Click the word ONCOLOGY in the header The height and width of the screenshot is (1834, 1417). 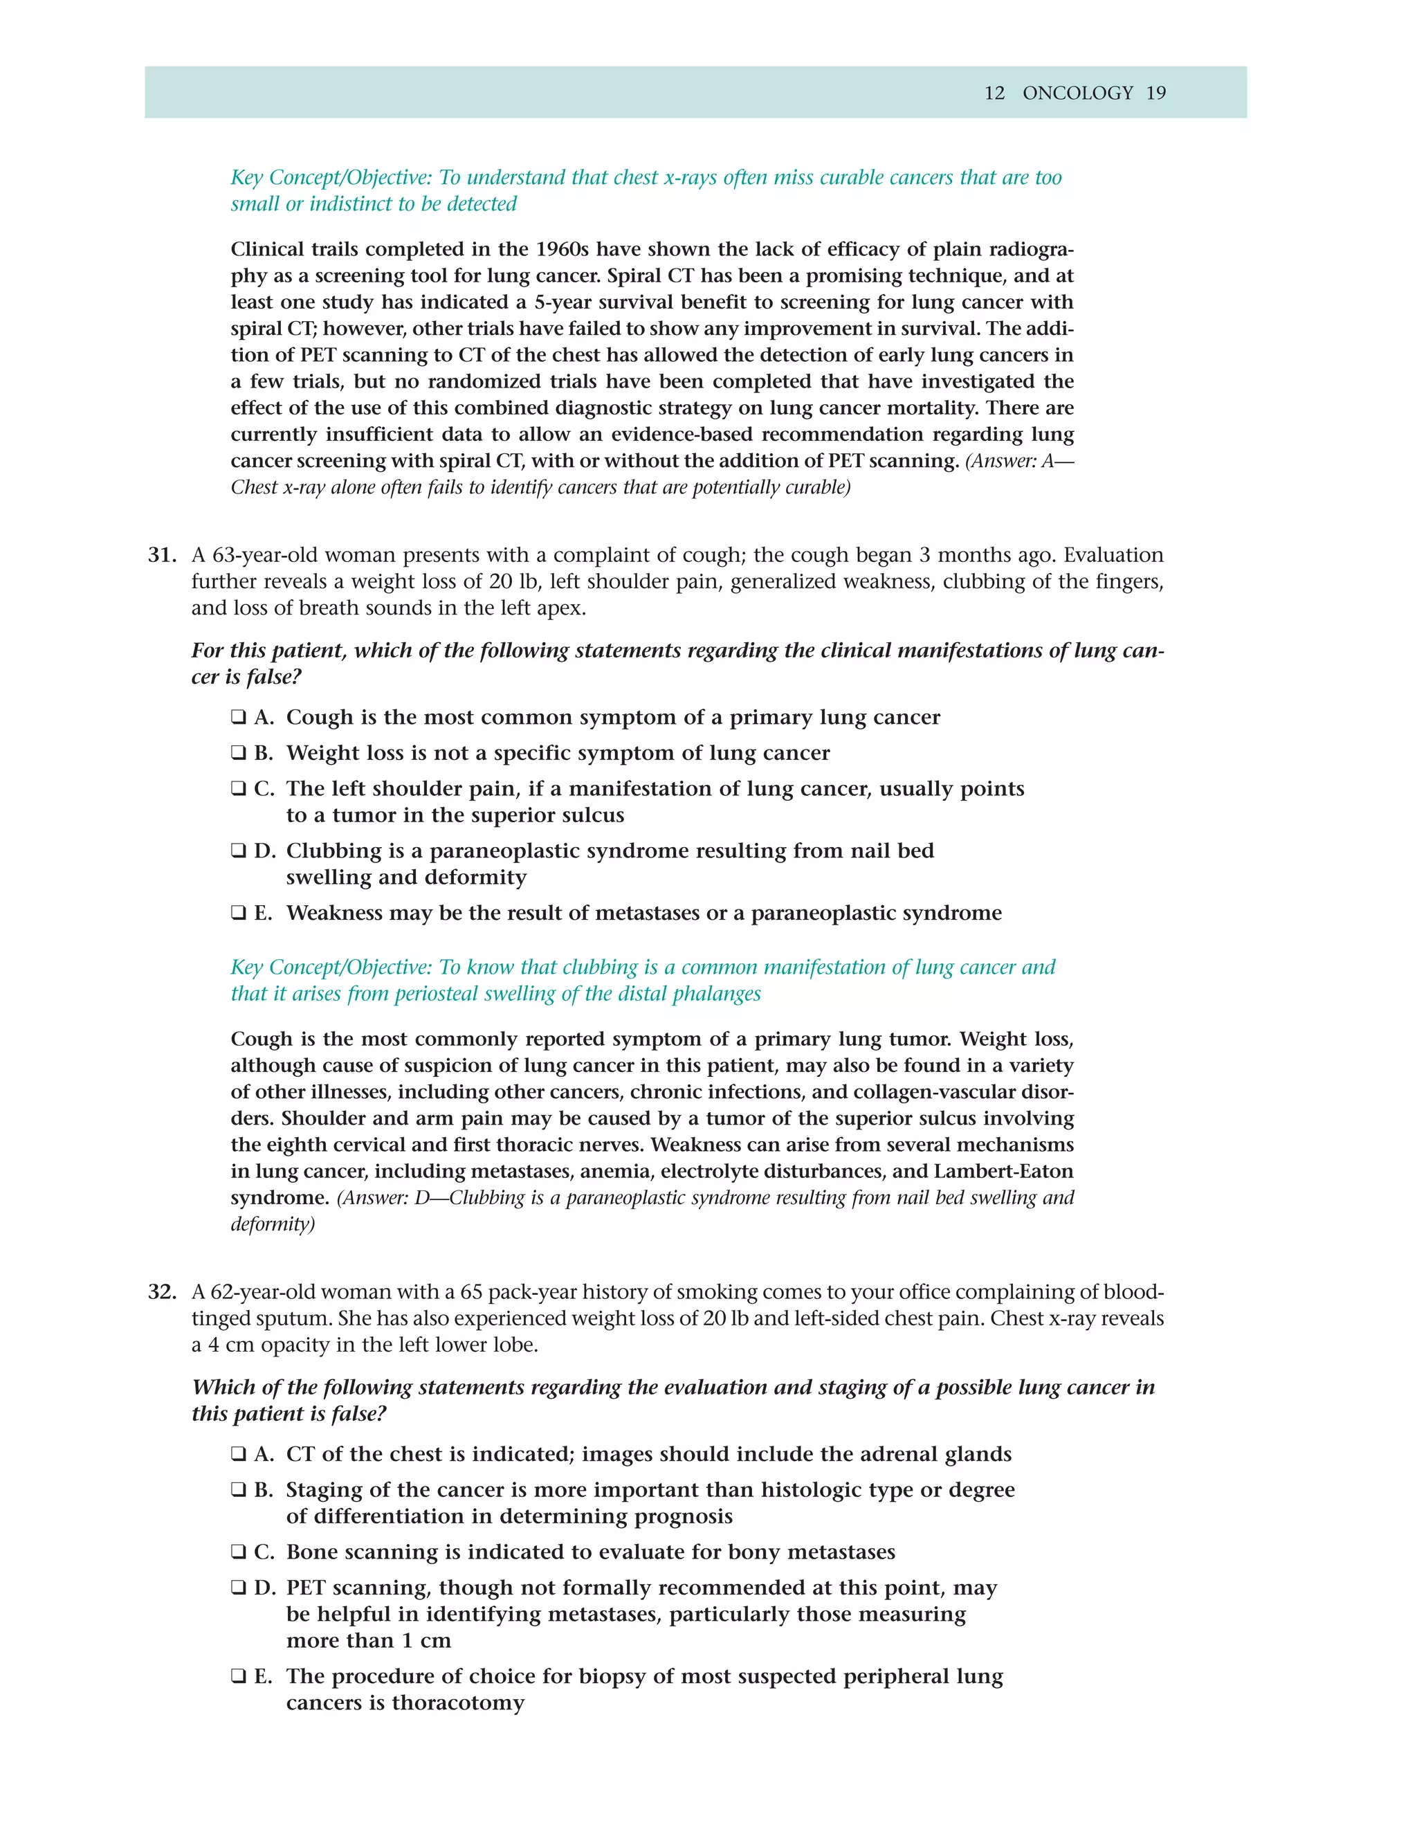point(1077,93)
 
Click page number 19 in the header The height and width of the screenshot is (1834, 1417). point(1156,93)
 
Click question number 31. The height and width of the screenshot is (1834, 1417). point(162,555)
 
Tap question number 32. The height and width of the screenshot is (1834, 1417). point(162,1291)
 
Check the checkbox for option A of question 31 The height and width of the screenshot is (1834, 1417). point(239,717)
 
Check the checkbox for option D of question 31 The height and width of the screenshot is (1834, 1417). point(239,851)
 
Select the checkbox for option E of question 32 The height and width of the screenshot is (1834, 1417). point(239,1676)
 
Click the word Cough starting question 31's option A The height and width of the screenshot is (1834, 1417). point(319,717)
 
